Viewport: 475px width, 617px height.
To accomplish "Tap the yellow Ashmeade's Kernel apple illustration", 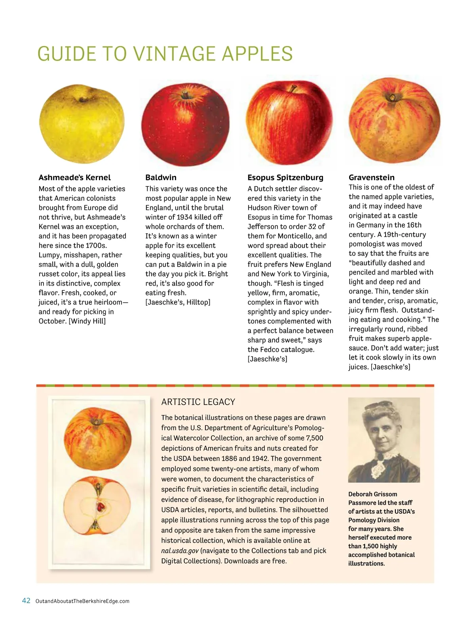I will point(82,124).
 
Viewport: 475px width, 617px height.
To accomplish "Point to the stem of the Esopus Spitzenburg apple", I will point(293,88).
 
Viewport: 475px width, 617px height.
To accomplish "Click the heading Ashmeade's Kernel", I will point(74,177).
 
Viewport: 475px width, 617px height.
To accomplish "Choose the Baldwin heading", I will point(161,177).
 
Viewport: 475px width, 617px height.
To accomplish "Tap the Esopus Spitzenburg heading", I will point(285,177).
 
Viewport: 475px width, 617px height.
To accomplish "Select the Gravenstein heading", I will point(371,177).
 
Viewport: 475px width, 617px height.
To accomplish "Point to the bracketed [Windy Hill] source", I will point(87,321).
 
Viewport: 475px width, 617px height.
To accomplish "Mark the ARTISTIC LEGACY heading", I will point(198,402).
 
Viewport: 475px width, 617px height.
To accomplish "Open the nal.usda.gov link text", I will point(180,551).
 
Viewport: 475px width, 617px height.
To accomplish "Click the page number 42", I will point(26,601).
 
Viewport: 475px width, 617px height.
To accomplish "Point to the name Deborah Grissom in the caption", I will point(372,494).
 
